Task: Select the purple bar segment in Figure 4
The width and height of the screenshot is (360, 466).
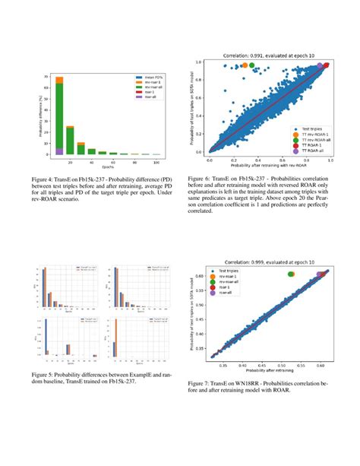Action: coord(60,151)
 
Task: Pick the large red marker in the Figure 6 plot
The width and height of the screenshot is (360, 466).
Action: coord(327,66)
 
